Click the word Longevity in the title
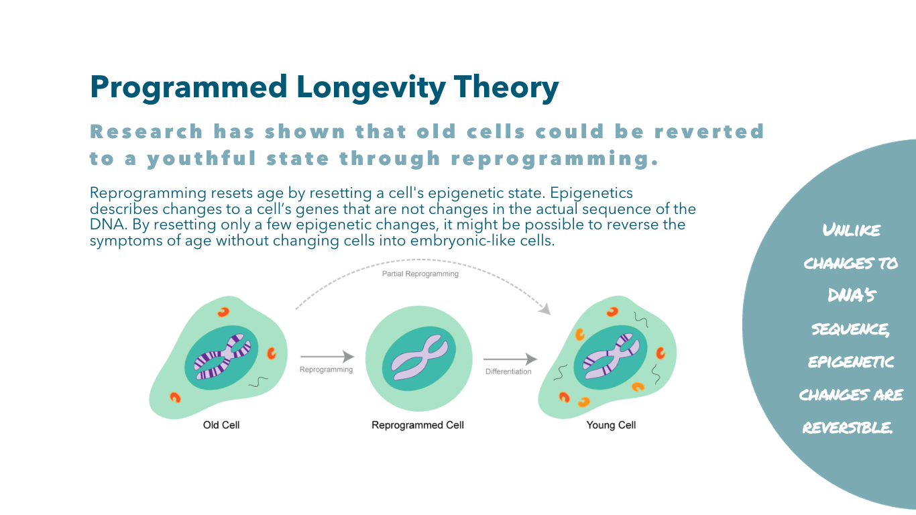pyautogui.click(x=371, y=88)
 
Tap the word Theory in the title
pyautogui.click(x=506, y=88)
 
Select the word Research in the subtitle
pyautogui.click(x=146, y=131)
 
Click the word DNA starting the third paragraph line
pyautogui.click(x=107, y=225)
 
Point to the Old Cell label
pyautogui.click(x=221, y=425)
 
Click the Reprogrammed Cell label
pyautogui.click(x=418, y=425)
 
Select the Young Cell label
pyautogui.click(x=611, y=425)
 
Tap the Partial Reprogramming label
pyautogui.click(x=420, y=274)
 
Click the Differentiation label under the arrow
pyautogui.click(x=508, y=371)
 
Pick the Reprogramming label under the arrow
pyautogui.click(x=326, y=369)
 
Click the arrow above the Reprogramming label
pyautogui.click(x=327, y=357)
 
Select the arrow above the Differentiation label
pyautogui.click(x=510, y=359)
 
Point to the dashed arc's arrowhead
pyautogui.click(x=545, y=309)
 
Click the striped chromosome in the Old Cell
pyautogui.click(x=223, y=357)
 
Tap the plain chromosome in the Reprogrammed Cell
pyautogui.click(x=420, y=358)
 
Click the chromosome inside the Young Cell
pyautogui.click(x=611, y=357)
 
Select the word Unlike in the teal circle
pyautogui.click(x=852, y=230)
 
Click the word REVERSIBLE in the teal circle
pyautogui.click(x=848, y=428)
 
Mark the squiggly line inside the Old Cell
pyautogui.click(x=258, y=382)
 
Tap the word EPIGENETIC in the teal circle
pyautogui.click(x=851, y=362)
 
